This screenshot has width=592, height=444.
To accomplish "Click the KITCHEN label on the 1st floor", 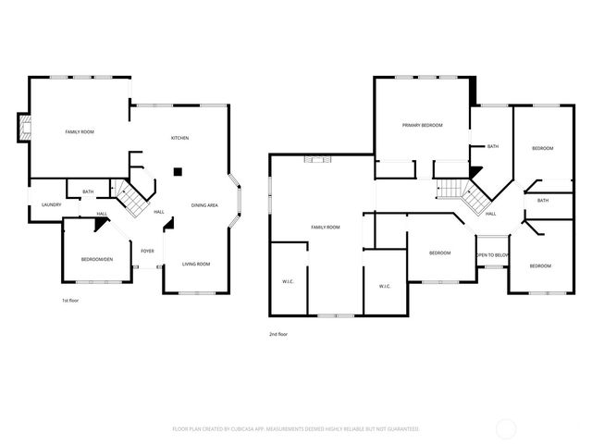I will point(179,139).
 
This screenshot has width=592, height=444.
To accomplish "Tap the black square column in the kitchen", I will point(179,170).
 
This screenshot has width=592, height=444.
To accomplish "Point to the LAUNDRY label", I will point(50,204).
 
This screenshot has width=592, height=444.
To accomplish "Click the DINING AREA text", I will point(204,204).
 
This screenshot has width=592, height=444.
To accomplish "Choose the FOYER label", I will point(147,251).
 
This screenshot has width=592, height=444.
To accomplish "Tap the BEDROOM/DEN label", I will point(96,259).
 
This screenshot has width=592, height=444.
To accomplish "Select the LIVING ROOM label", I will point(195,265).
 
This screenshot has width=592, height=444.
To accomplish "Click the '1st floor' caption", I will point(70,301).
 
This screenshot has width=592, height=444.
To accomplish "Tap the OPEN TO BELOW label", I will point(491,254).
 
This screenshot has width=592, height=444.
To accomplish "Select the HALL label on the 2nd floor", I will point(490,214).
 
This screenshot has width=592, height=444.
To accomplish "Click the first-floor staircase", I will point(130,197).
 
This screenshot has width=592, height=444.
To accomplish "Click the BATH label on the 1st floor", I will point(88,192).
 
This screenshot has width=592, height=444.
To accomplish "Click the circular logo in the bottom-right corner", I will point(506,427).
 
